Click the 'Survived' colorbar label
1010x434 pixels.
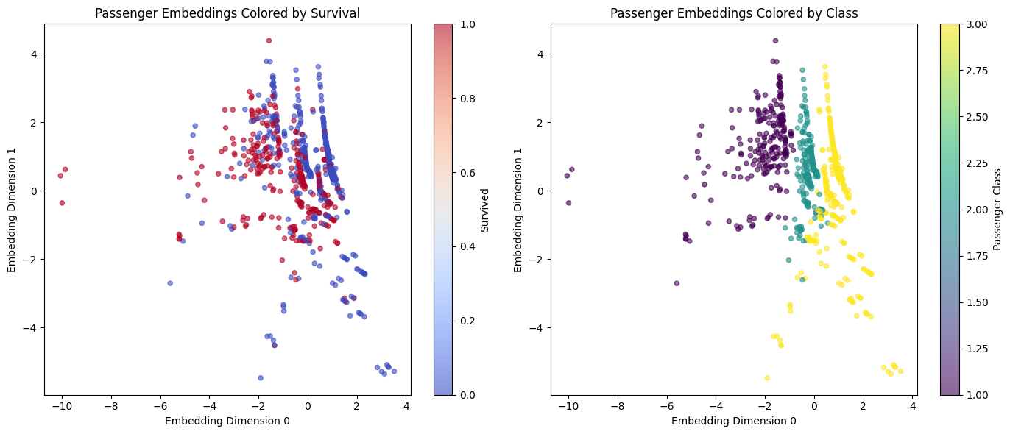tap(485, 210)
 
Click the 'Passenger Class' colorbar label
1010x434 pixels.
tap(997, 210)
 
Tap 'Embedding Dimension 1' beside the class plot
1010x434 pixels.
tap(518, 210)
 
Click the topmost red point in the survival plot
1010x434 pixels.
tap(269, 40)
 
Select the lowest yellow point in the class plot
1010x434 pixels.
tap(767, 378)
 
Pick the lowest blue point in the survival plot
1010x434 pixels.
tap(261, 378)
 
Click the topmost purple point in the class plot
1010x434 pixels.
tap(775, 40)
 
